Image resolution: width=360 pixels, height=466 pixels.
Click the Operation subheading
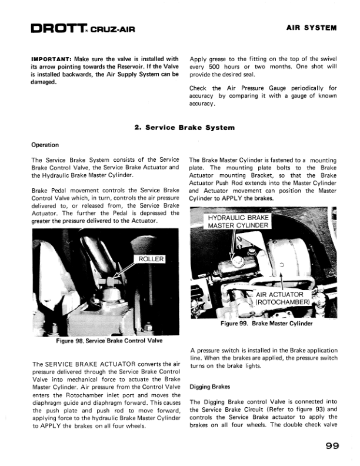click(x=45, y=145)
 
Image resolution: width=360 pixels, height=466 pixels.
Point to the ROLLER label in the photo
click(x=151, y=259)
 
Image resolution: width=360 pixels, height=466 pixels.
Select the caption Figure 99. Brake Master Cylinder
click(x=266, y=324)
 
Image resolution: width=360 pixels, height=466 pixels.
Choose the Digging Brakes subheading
click(x=210, y=387)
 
